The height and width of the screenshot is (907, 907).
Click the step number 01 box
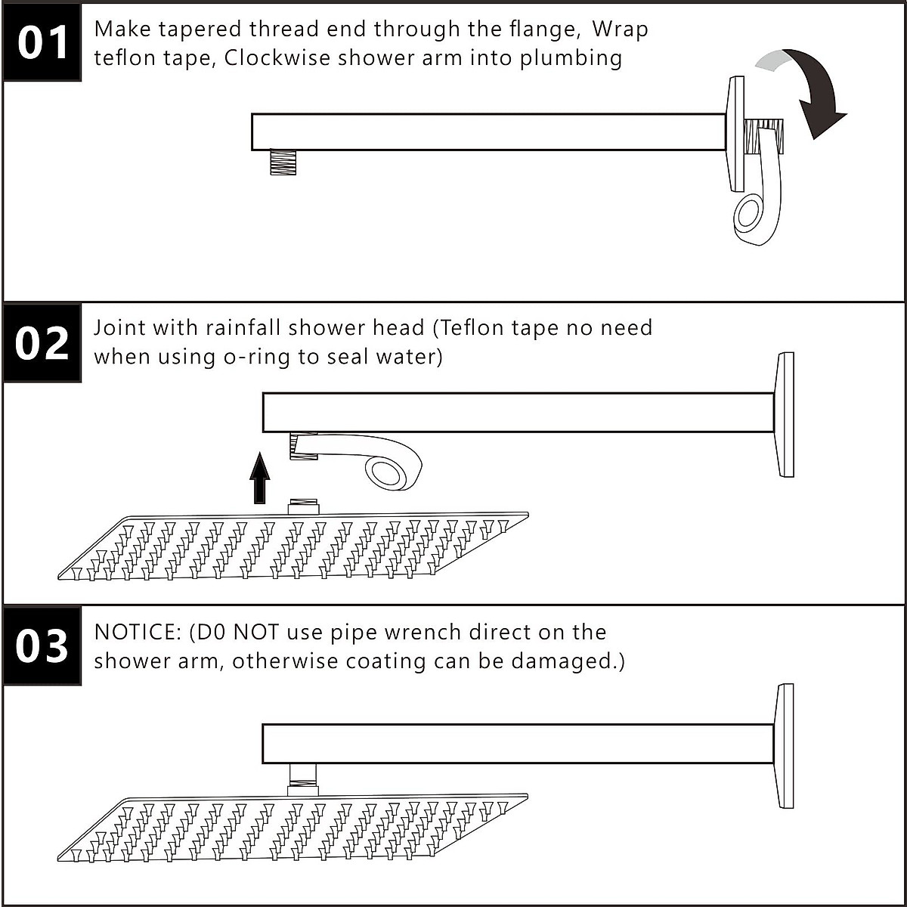pyautogui.click(x=42, y=42)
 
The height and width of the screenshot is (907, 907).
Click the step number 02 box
pyautogui.click(x=42, y=343)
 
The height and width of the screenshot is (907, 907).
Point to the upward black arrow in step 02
pyautogui.click(x=259, y=478)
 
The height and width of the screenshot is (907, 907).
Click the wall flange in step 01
pyautogui.click(x=735, y=132)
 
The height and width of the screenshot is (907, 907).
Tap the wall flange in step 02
pyautogui.click(x=785, y=414)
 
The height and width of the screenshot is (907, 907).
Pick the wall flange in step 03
pyautogui.click(x=785, y=745)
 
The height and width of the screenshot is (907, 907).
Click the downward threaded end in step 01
pyautogui.click(x=281, y=163)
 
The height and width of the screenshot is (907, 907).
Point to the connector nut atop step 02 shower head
pyautogui.click(x=305, y=506)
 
